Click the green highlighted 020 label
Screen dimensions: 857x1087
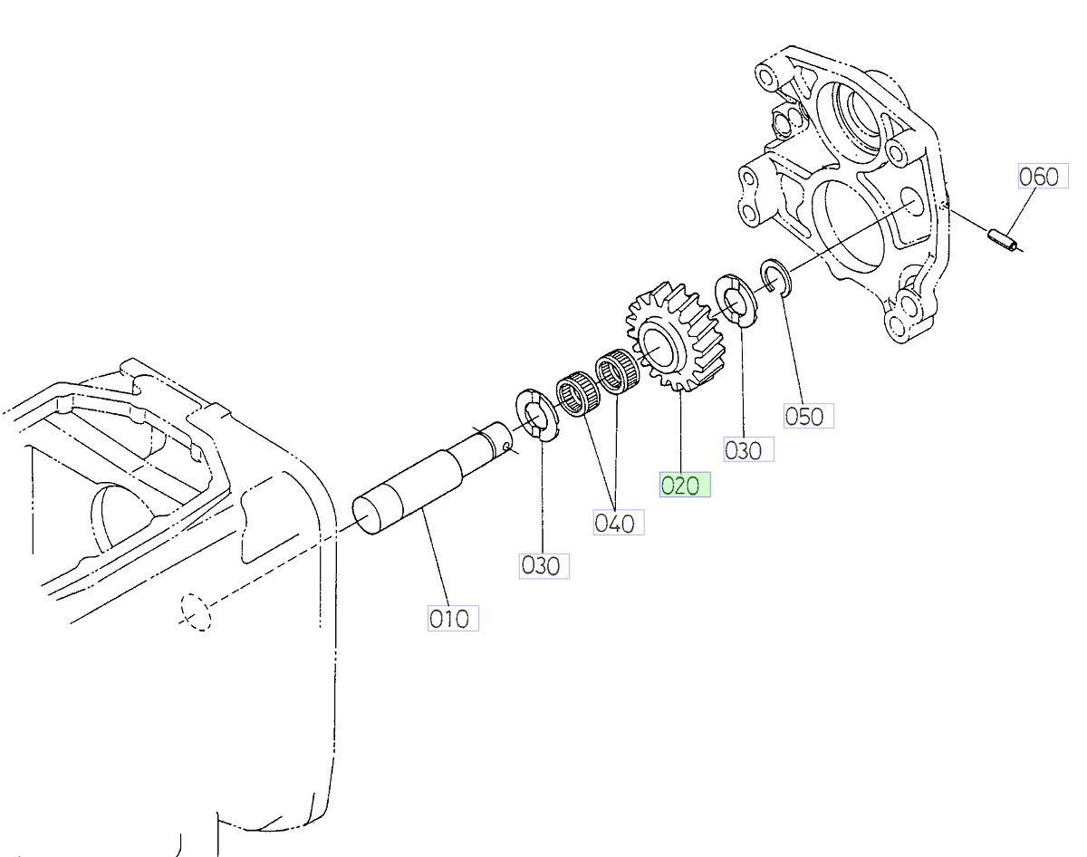click(x=684, y=485)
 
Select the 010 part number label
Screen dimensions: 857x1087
click(x=452, y=619)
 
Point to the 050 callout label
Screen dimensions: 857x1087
click(x=808, y=416)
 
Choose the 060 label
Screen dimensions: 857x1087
click(x=1038, y=177)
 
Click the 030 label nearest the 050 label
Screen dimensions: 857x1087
click(x=748, y=449)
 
